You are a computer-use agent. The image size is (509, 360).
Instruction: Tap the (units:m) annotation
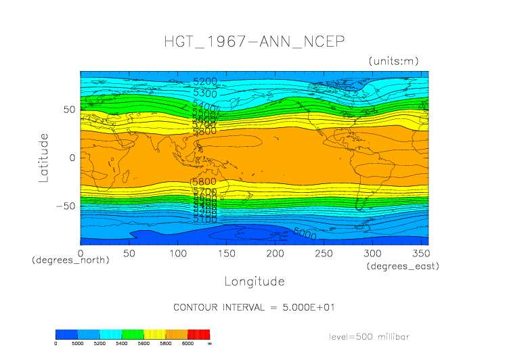click(393, 61)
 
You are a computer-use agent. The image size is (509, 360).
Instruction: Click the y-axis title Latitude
click(44, 158)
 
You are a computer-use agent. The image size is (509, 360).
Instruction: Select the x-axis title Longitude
click(255, 281)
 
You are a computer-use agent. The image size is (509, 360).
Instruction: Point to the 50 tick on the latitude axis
click(68, 110)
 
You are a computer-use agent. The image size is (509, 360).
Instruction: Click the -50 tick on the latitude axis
click(65, 206)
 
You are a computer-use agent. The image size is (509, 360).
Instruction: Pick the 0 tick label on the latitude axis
click(71, 158)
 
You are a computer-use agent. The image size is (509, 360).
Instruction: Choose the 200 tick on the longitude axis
click(274, 253)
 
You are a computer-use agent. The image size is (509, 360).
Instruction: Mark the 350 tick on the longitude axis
click(420, 253)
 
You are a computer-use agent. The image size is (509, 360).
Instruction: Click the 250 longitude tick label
click(323, 253)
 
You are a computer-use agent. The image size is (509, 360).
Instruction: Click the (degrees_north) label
click(70, 260)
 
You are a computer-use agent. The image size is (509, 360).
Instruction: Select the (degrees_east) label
click(403, 266)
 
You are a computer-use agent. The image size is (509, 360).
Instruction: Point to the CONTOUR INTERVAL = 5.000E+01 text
click(255, 307)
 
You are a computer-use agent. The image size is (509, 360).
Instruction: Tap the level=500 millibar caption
click(369, 336)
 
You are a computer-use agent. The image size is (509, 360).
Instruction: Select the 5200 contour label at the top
click(205, 82)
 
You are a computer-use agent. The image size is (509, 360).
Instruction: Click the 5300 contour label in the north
click(205, 93)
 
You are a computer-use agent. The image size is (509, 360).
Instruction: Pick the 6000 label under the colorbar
click(187, 344)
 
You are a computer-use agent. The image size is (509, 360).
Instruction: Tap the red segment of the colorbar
click(198, 334)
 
